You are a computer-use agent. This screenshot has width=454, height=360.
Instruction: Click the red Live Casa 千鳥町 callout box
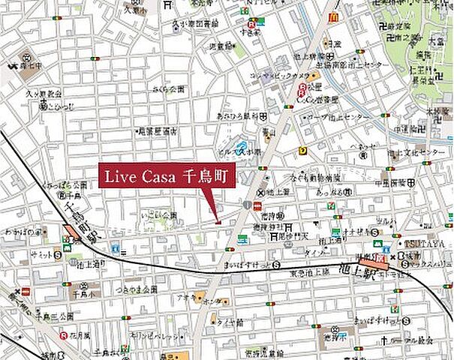tap(167, 177)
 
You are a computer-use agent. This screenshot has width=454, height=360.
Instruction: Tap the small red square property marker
tap(218, 220)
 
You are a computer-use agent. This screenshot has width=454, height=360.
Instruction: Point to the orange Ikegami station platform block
tap(382, 261)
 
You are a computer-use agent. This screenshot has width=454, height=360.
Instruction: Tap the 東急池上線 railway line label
tap(305, 274)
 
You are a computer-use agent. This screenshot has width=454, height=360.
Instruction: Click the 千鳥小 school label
tap(79, 285)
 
